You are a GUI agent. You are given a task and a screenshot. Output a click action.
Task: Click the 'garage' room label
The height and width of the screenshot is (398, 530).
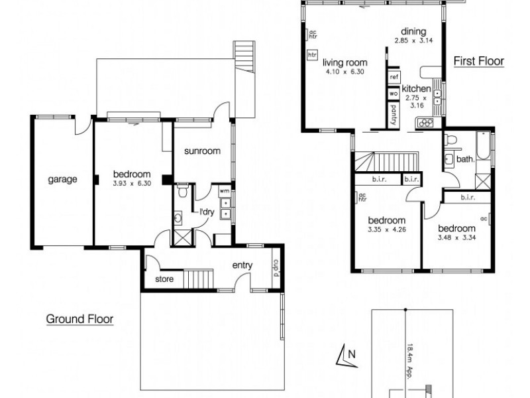click(x=62, y=179)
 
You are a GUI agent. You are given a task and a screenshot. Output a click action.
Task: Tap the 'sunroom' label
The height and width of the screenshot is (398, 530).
click(x=202, y=151)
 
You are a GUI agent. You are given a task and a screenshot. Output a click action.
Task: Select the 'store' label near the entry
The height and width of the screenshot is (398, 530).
click(x=164, y=279)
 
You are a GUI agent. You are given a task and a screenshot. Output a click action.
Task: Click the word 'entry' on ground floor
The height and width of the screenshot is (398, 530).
click(x=242, y=265)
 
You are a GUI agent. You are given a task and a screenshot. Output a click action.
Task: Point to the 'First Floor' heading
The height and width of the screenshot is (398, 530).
click(x=478, y=61)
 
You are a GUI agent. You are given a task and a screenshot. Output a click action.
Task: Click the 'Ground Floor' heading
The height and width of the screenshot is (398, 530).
click(x=79, y=319)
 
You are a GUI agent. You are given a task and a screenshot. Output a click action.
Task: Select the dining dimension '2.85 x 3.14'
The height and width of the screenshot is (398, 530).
click(x=413, y=40)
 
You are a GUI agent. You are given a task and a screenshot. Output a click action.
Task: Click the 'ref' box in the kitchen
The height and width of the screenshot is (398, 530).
click(x=394, y=77)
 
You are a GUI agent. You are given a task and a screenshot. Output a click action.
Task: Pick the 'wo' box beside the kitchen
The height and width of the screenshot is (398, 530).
click(x=394, y=93)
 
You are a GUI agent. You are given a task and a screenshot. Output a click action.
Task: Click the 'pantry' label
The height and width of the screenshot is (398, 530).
click(x=394, y=112)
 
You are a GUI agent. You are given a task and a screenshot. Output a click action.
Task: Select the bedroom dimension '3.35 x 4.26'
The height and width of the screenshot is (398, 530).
click(x=386, y=230)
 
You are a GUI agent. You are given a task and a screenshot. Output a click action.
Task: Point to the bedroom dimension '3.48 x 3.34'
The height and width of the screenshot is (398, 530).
click(x=457, y=237)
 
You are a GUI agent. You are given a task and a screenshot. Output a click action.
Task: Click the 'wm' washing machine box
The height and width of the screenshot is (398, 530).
click(x=224, y=191)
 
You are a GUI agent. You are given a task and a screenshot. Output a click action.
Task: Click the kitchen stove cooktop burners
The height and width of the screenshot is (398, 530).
click(x=423, y=122)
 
